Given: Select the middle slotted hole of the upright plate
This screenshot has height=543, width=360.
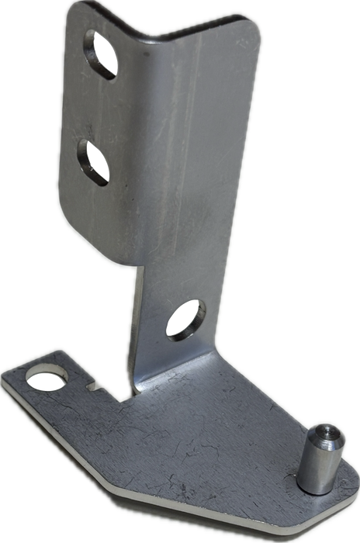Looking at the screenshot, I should pos(92,161).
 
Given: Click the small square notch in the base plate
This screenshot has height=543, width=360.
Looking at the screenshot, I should pos(99,386).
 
